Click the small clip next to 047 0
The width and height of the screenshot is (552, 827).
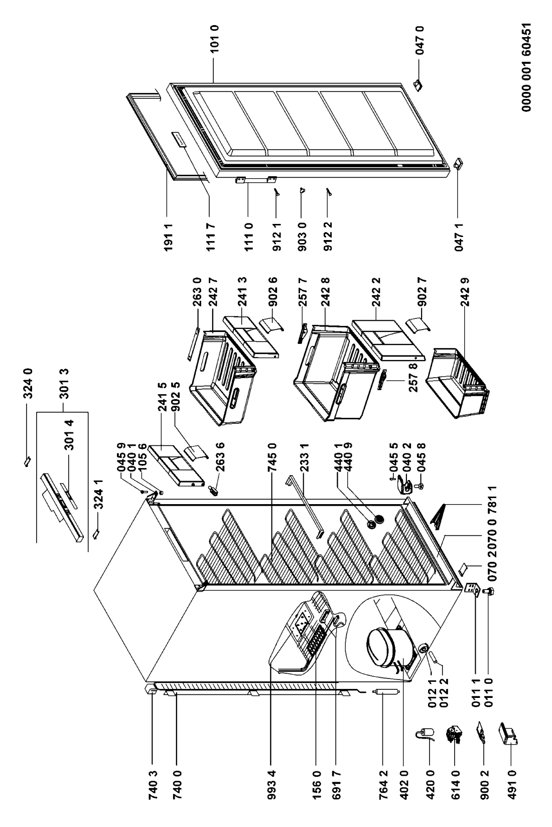[x=418, y=85]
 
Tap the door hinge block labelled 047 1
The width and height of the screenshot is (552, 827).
[x=458, y=164]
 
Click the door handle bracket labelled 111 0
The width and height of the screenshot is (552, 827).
[x=256, y=179]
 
